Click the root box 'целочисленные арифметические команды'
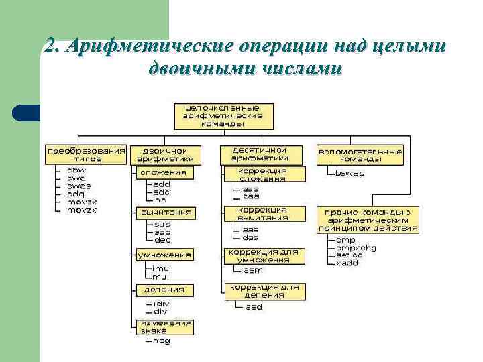[223, 115]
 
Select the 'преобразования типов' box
[85, 155]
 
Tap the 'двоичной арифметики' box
[165, 155]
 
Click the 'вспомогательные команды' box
[360, 155]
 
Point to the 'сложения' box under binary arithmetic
[164, 172]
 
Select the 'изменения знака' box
[164, 326]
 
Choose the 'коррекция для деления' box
[264, 291]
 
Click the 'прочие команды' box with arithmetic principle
[367, 220]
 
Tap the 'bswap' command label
[350, 173]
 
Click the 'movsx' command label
[82, 201]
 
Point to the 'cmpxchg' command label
[356, 247]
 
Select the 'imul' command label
[162, 268]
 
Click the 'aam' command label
[252, 270]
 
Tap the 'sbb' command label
[162, 231]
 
